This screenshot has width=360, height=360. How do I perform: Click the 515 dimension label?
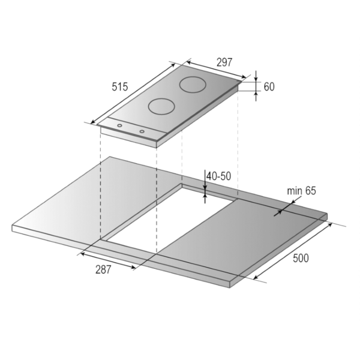coord(119,87)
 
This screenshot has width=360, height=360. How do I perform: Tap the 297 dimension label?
coord(224,62)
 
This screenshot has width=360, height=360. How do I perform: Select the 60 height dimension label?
coord(269,87)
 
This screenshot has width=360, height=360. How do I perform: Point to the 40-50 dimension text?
coord(218,176)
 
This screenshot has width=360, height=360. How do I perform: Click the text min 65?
coord(301,191)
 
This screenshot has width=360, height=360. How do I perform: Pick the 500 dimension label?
coord(301,258)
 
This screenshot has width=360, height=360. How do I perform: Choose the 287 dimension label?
coord(103,269)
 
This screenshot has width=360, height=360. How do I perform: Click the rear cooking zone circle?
coord(193,85)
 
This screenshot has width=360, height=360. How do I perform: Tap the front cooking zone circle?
coord(161,107)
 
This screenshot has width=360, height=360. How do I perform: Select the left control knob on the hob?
coord(119,125)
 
